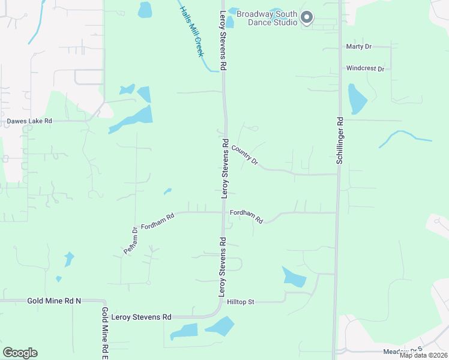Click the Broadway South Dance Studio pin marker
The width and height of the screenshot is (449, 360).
tap(307, 17)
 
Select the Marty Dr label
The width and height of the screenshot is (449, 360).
tap(359, 46)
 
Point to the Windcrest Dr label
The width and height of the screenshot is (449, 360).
tap(365, 68)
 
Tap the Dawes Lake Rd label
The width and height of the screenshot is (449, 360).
tap(29, 121)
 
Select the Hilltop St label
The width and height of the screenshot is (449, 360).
tap(241, 302)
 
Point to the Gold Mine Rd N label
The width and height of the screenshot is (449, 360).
tap(53, 300)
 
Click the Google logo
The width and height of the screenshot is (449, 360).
tap(20, 353)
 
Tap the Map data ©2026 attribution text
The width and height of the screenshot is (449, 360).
tap(424, 355)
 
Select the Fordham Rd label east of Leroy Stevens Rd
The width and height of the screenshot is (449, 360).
tap(247, 216)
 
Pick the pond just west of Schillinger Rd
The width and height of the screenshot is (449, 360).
tap(357, 98)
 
